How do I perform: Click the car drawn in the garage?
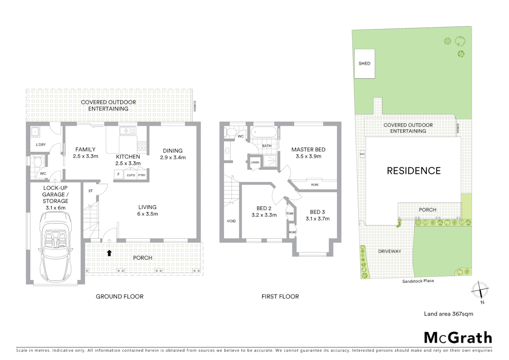tap(55, 247)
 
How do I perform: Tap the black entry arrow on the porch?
tap(109, 253)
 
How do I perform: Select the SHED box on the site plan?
tap(364, 64)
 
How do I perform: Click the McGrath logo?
tap(458, 337)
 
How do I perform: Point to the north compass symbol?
tap(480, 290)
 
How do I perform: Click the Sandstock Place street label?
tap(418, 281)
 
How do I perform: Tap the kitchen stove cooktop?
tap(142, 146)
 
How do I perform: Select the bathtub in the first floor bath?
tap(263, 133)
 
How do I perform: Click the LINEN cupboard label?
tap(255, 162)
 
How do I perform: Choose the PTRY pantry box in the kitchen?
tap(142, 175)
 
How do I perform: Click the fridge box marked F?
tap(118, 174)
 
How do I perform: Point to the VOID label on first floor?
tap(231, 221)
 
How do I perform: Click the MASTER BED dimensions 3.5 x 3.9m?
tap(308, 156)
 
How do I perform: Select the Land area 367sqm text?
tap(448, 314)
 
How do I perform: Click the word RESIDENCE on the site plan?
tap(413, 171)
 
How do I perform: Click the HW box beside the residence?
tap(362, 154)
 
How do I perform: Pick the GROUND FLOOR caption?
tap(120, 296)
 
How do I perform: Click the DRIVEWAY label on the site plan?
tap(389, 251)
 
